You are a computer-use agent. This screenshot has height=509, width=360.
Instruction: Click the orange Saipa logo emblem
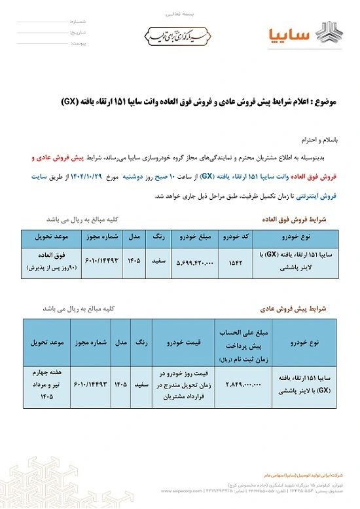(326, 32)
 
